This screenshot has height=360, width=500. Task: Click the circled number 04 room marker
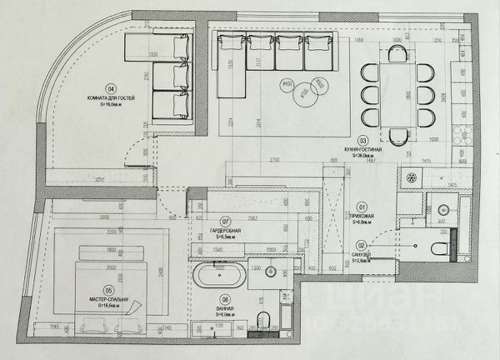(x=111, y=88)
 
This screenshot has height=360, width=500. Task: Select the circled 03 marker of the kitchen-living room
(x=362, y=140)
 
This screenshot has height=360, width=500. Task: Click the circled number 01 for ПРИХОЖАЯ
(x=362, y=207)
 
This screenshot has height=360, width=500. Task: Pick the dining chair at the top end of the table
(x=398, y=52)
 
